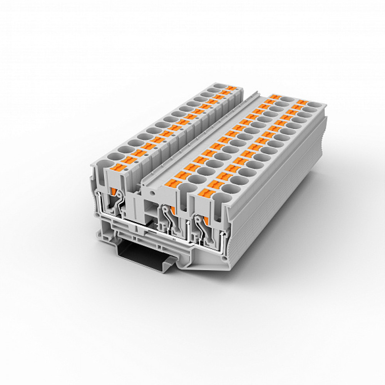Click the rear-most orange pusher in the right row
tap(301, 102)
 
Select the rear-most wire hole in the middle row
tap(284, 99)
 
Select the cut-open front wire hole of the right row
tap(220, 200)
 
